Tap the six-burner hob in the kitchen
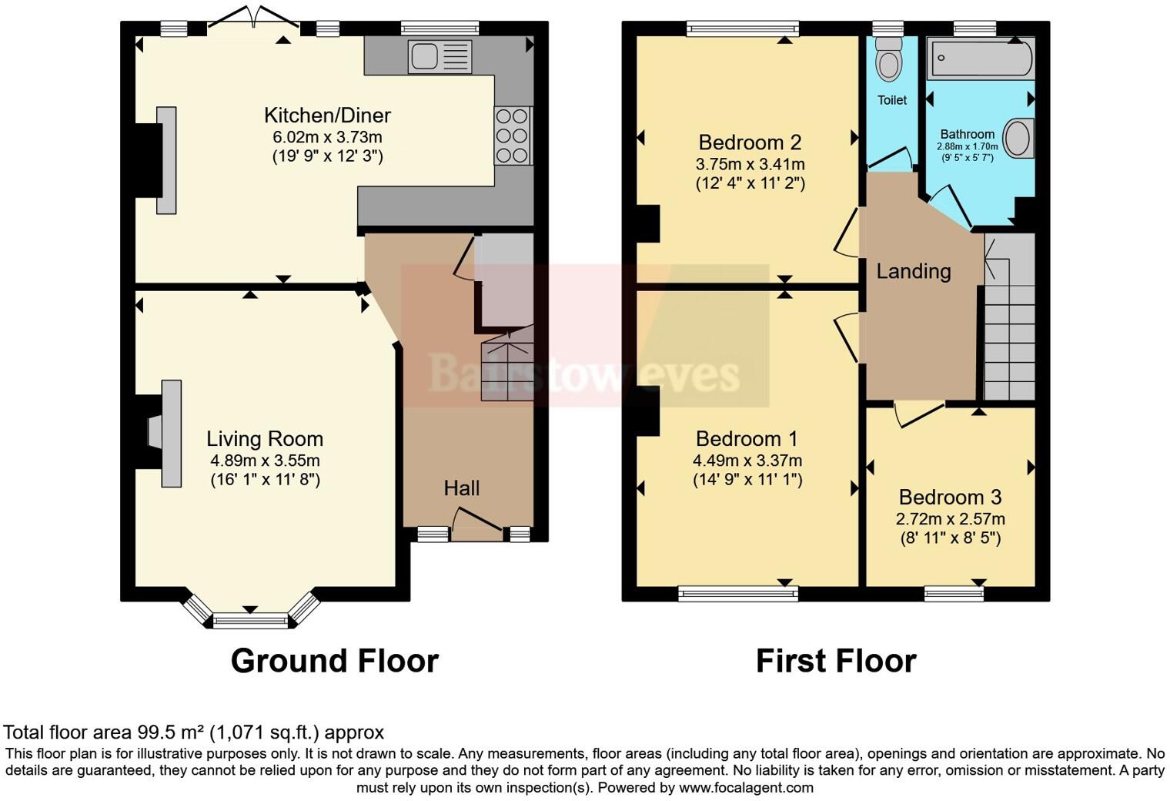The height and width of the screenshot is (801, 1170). pyautogui.click(x=513, y=136)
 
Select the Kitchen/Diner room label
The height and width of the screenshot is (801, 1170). pyautogui.click(x=327, y=116)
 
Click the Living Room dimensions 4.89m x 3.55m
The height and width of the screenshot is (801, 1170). pyautogui.click(x=265, y=461)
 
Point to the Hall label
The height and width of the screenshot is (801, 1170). pyautogui.click(x=461, y=488)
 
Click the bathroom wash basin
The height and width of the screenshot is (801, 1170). pyautogui.click(x=1019, y=138)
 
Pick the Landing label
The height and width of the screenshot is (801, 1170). pyautogui.click(x=914, y=271)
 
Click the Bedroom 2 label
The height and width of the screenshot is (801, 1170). pyautogui.click(x=750, y=142)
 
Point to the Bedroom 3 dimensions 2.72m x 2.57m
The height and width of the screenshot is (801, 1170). pyautogui.click(x=950, y=518)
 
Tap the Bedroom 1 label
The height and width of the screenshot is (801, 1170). pyautogui.click(x=747, y=439)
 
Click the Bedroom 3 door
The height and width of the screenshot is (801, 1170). pyautogui.click(x=919, y=412)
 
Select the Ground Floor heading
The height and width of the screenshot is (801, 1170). pyautogui.click(x=334, y=661)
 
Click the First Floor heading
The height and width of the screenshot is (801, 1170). pyautogui.click(x=836, y=661)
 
